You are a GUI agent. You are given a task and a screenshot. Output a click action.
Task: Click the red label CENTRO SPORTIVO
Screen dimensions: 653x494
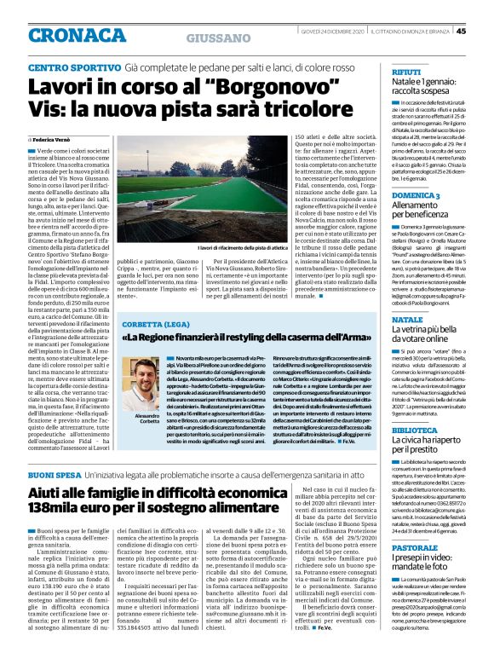(72, 66)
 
